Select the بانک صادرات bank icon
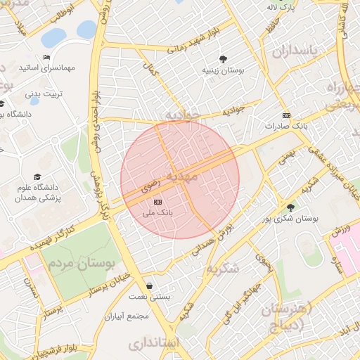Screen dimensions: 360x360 coord(285,115)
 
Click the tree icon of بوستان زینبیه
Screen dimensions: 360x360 coord(223,59)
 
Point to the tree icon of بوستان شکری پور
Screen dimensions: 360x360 coord(290,207)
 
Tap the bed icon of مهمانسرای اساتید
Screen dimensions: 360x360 coord(46,57)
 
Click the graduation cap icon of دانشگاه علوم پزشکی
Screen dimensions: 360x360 coord(37,177)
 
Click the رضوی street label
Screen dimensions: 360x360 coord(150,187)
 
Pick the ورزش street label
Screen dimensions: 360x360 coord(339,231)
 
